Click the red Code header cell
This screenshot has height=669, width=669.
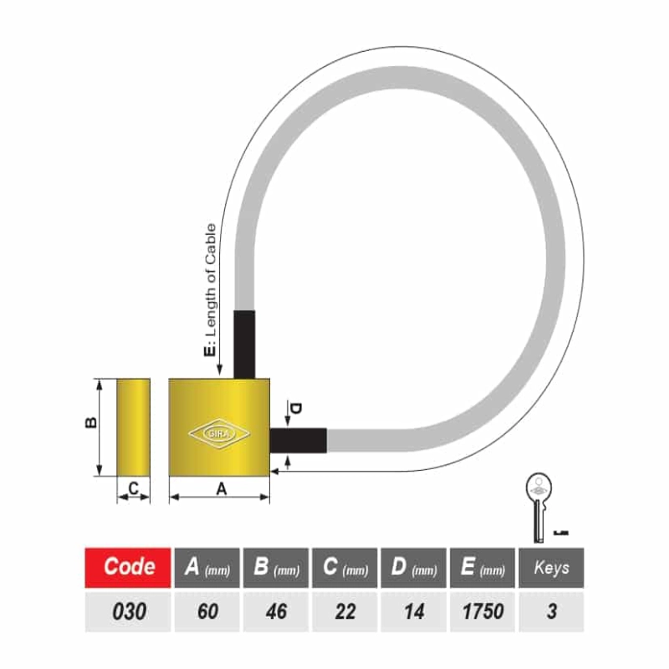pyautogui.click(x=128, y=568)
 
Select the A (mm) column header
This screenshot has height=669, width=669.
pyautogui.click(x=207, y=568)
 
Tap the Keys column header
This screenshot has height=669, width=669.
pyautogui.click(x=551, y=568)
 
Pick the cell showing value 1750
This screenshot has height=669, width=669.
pyautogui.click(x=483, y=611)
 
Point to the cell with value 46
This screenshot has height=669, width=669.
pyautogui.click(x=276, y=611)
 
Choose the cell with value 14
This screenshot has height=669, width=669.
pyautogui.click(x=413, y=611)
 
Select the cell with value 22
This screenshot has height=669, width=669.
pyautogui.click(x=345, y=611)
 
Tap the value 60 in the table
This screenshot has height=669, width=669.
pyautogui.click(x=207, y=611)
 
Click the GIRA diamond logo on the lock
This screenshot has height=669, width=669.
pyautogui.click(x=219, y=434)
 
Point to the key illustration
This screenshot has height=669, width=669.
pyautogui.click(x=539, y=508)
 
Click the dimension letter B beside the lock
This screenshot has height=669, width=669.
pyautogui.click(x=91, y=423)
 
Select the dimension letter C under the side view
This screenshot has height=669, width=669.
pyautogui.click(x=133, y=488)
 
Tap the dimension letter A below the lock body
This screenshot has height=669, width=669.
pyautogui.click(x=221, y=489)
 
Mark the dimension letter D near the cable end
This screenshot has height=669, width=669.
pyautogui.click(x=295, y=408)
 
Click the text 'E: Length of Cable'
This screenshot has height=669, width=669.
pyautogui.click(x=211, y=290)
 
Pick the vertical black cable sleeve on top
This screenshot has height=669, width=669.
pyautogui.click(x=244, y=345)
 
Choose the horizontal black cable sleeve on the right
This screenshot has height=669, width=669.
pyautogui.click(x=299, y=441)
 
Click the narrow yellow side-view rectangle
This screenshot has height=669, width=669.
pyautogui.click(x=134, y=427)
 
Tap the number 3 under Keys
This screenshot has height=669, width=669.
pyautogui.click(x=551, y=611)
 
